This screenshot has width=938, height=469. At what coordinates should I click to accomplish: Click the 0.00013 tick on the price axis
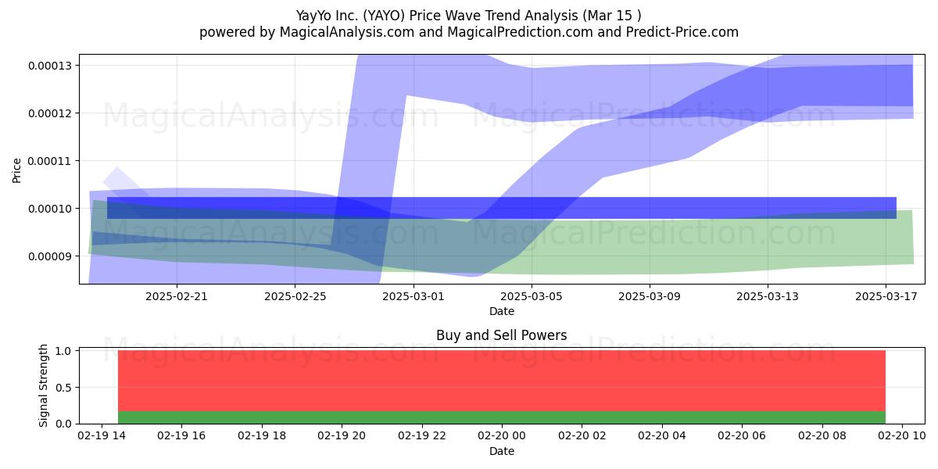click(50, 66)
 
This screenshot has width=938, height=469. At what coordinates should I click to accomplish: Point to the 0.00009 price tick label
click(50, 256)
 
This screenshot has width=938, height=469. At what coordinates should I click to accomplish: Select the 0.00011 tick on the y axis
click(50, 161)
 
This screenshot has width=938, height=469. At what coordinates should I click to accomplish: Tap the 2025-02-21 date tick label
click(177, 296)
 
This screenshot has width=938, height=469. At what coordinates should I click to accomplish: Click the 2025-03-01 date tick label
click(414, 296)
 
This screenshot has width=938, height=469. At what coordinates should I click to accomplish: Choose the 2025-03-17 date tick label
click(886, 296)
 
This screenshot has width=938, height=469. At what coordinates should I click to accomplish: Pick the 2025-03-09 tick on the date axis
click(650, 296)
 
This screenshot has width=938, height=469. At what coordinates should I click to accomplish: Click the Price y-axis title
click(16, 170)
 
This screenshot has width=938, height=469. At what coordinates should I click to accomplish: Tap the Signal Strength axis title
click(43, 385)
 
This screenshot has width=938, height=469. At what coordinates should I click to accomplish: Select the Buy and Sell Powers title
click(501, 335)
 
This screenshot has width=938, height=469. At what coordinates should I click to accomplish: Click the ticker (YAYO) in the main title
click(384, 16)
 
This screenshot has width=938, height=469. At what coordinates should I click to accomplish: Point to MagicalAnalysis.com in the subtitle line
click(347, 32)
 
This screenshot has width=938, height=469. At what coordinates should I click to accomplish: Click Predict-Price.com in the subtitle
click(682, 32)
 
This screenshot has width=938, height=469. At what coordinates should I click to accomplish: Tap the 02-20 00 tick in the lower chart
click(501, 436)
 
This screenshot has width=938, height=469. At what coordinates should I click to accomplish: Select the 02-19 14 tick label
click(102, 436)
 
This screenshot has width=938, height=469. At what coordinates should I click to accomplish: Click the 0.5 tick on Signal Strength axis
click(63, 388)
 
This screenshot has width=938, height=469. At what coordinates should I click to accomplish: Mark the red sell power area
click(502, 381)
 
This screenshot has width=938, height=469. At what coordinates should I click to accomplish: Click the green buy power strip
click(502, 417)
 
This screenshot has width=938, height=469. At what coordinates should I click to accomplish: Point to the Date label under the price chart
click(502, 311)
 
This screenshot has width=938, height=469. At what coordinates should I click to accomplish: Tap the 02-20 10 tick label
click(901, 436)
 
